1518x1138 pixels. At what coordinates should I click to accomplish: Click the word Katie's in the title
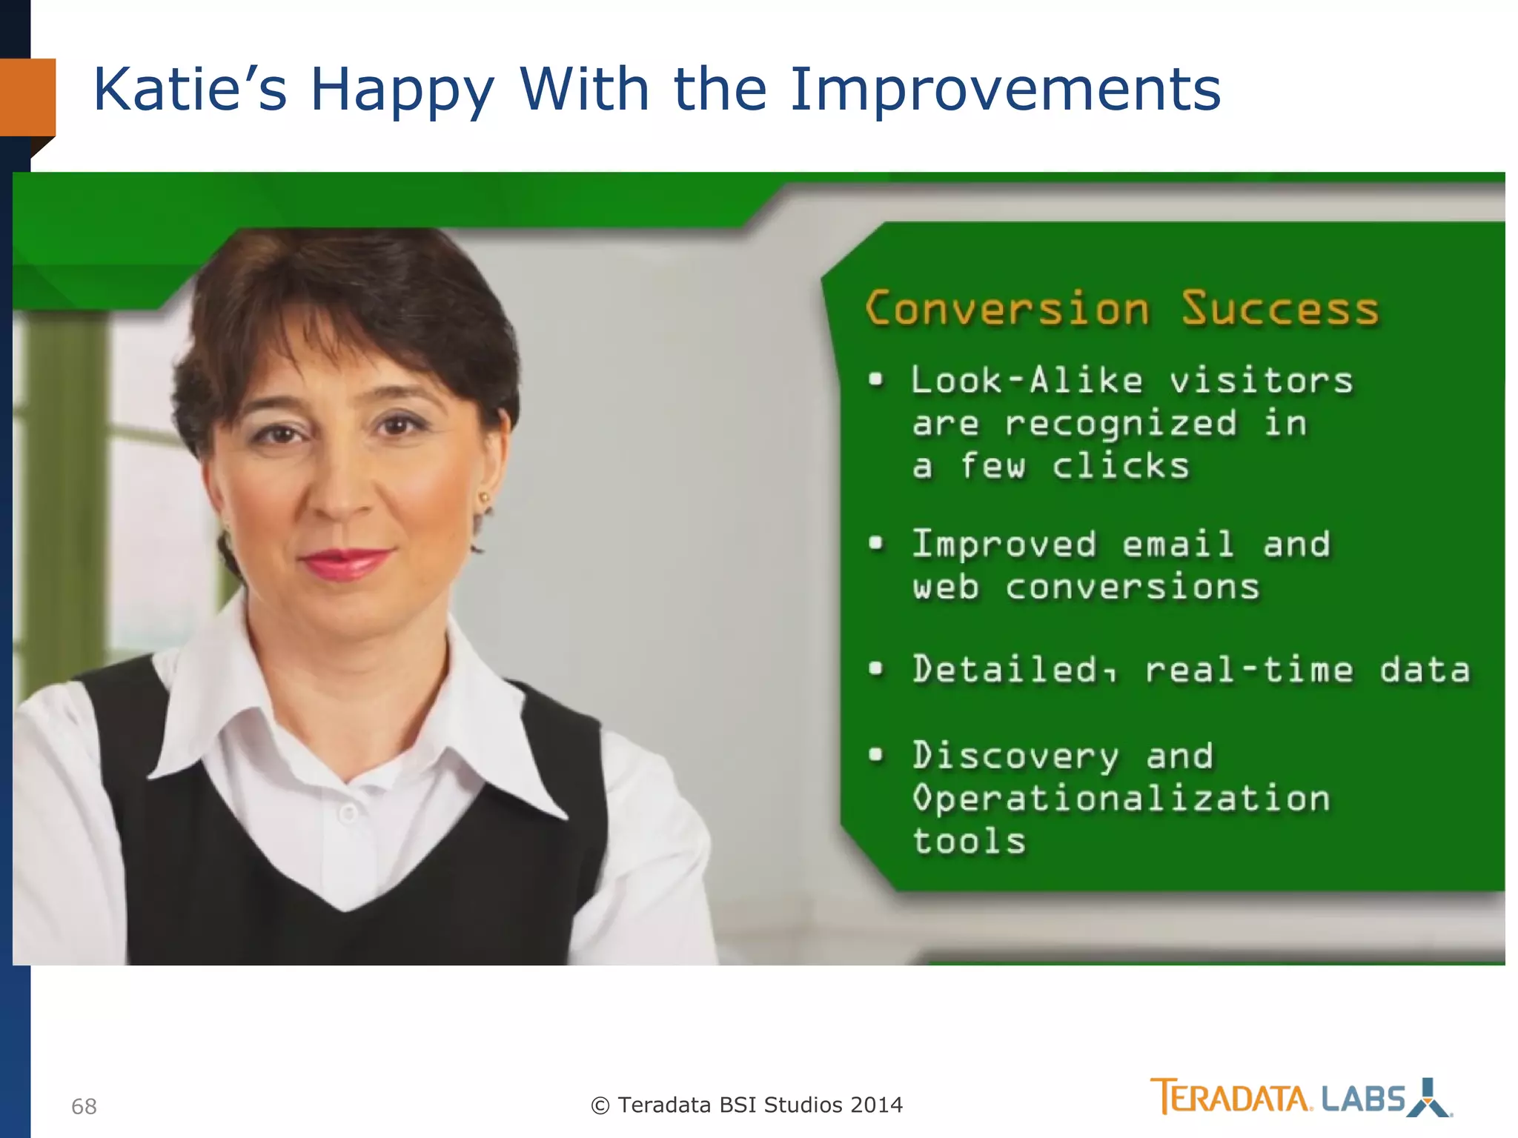click(x=189, y=90)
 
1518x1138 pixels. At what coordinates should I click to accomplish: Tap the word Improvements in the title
click(x=1004, y=90)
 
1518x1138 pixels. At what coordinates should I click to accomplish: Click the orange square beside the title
click(x=27, y=97)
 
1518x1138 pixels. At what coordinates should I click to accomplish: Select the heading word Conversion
click(x=1007, y=308)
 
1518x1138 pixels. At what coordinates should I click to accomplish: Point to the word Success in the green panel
click(x=1280, y=308)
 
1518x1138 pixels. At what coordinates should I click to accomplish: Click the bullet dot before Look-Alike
click(x=876, y=380)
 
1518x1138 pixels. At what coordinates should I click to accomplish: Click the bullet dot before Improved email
click(x=876, y=544)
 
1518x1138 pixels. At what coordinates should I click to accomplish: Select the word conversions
click(x=1132, y=588)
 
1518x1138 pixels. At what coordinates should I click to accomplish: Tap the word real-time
click(x=1249, y=670)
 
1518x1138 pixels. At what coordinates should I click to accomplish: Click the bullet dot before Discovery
click(x=876, y=755)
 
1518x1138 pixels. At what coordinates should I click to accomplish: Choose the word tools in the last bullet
click(x=969, y=842)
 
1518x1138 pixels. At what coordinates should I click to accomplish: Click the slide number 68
click(x=84, y=1106)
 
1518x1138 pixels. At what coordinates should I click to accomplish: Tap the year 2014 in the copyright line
click(x=876, y=1105)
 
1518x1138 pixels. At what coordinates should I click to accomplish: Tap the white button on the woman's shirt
click(x=348, y=813)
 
